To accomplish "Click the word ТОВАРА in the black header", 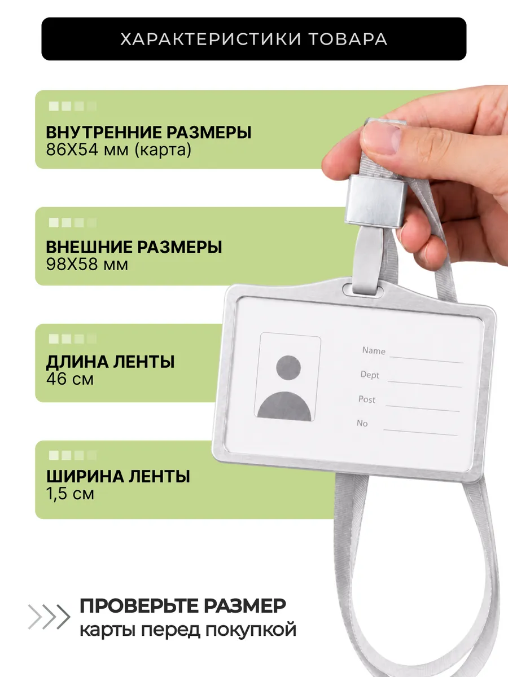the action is pos(348,39).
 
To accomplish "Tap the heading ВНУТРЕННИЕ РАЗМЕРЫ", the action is pos(148,133).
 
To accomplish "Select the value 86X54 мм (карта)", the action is pos(119,150).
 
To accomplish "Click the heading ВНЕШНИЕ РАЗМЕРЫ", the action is pos(134,247).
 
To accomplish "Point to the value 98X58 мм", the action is pos(87,265).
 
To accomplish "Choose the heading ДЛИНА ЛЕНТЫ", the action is pos(111,362).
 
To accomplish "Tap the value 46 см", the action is pos(69,379).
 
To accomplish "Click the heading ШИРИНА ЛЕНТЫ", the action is pos(118,476).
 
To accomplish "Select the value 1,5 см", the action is pos(70,494).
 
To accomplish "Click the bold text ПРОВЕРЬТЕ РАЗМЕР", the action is pos(183,606).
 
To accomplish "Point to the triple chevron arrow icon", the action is pos(49,617).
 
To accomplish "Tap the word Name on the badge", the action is pos(374,351).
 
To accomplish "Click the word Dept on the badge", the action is pos(370,375).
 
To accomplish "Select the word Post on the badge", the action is pos(367,399).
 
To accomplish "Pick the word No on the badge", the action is pos(362,423).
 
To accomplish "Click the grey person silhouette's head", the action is pos(288,368).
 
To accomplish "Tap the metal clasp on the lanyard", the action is pos(376,200).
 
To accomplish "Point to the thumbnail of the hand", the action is pos(382,138).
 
